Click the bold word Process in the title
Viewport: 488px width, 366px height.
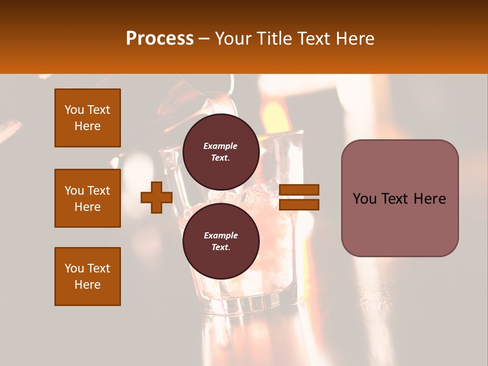coord(160,39)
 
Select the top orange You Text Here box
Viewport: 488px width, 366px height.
coord(87,118)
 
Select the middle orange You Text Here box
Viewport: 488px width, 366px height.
coord(87,198)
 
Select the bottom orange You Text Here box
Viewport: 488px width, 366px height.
coord(87,277)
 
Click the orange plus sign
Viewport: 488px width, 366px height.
coord(157,198)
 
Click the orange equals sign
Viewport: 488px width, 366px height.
coord(299,197)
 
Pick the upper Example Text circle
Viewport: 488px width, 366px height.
coord(221,151)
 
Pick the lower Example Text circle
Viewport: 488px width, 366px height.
coord(221,241)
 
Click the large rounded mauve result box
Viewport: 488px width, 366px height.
coord(400,198)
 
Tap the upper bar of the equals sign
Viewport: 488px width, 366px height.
coord(299,190)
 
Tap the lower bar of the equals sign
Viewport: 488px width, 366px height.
coord(299,205)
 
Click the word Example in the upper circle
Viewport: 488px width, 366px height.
coord(221,146)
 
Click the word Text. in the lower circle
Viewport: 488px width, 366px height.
coord(221,248)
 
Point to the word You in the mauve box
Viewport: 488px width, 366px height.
coord(365,199)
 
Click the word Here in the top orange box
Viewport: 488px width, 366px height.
coord(87,126)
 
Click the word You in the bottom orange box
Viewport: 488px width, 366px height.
coord(74,268)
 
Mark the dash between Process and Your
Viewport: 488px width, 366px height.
coord(204,39)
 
